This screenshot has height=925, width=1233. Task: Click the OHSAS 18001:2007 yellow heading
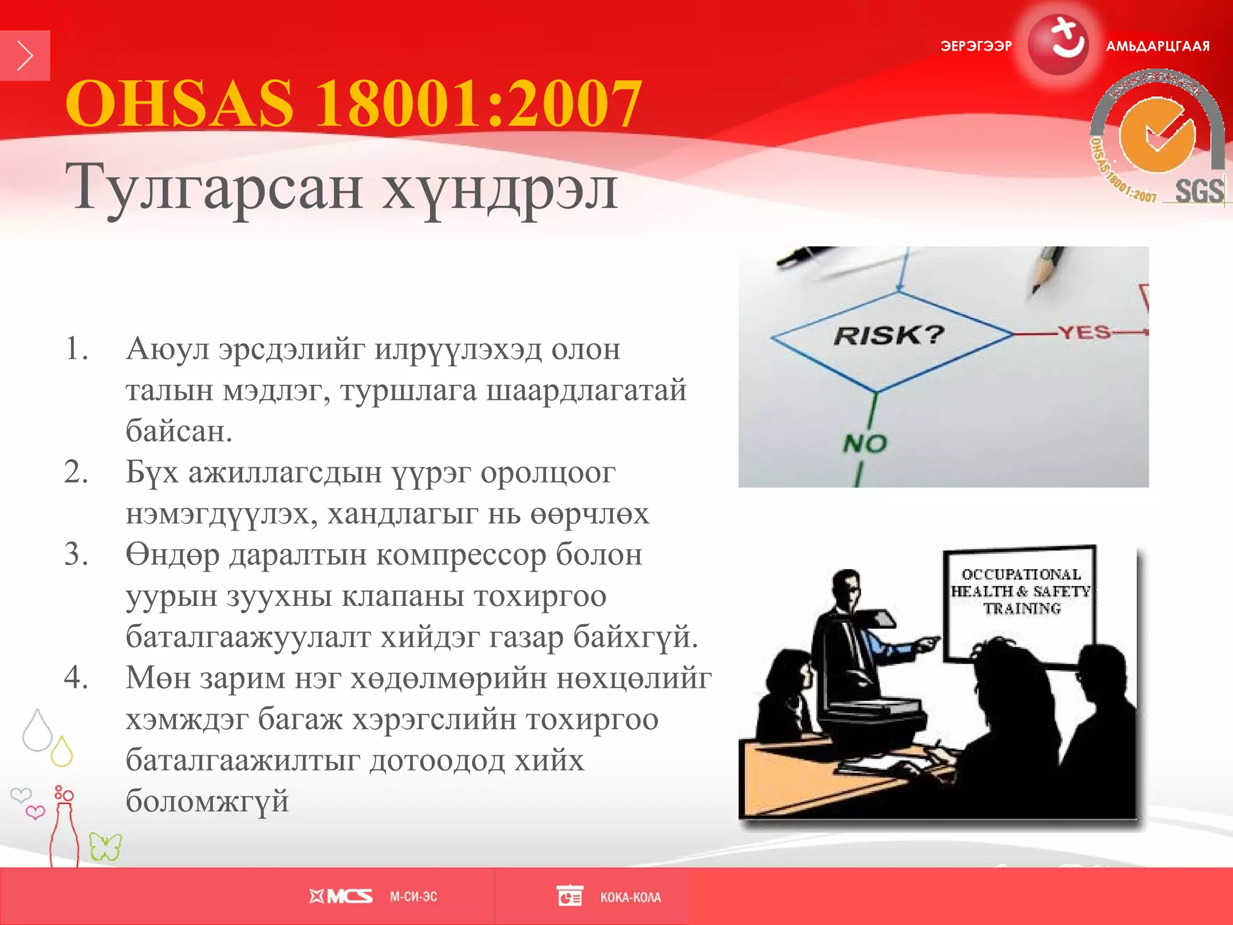click(353, 104)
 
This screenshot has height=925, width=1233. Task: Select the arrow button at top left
click(25, 55)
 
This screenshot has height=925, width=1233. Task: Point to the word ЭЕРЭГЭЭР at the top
click(976, 46)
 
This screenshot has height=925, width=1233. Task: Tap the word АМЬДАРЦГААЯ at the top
click(1157, 46)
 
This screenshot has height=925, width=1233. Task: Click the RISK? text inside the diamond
click(889, 335)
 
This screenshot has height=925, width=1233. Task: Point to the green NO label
click(865, 444)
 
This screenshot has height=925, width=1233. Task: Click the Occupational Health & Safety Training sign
click(1020, 591)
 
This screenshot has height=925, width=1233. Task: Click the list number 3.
click(76, 554)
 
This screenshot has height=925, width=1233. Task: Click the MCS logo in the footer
click(341, 897)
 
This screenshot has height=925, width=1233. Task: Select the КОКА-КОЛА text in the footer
click(630, 897)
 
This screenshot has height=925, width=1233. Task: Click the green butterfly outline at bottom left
click(105, 846)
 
